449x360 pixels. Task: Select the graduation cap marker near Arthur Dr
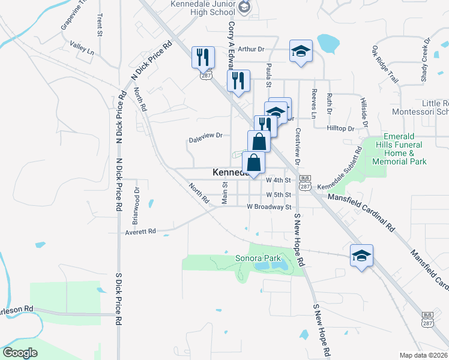point(301,52)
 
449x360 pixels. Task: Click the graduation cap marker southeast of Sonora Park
point(362,256)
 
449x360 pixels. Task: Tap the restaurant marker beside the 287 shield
point(202,58)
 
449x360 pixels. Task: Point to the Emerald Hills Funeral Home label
point(399,149)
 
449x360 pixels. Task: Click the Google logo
point(20,352)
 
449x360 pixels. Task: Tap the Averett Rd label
point(140,231)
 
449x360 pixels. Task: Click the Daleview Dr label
point(206,135)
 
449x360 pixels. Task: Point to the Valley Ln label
point(82,49)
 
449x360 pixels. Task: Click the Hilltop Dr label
point(341,128)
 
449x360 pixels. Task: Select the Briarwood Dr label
point(137,197)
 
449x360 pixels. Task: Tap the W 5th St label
point(279,195)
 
